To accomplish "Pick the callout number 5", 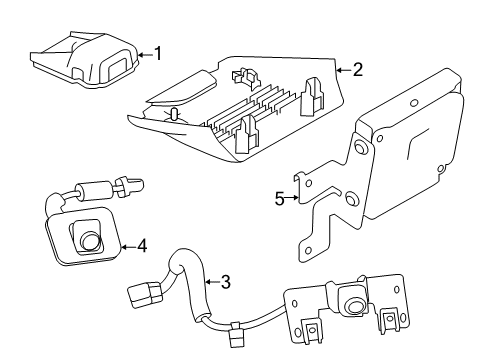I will click(x=281, y=198).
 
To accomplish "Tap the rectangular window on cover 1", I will click(x=116, y=70).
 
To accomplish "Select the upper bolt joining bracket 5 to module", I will click(x=357, y=150).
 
